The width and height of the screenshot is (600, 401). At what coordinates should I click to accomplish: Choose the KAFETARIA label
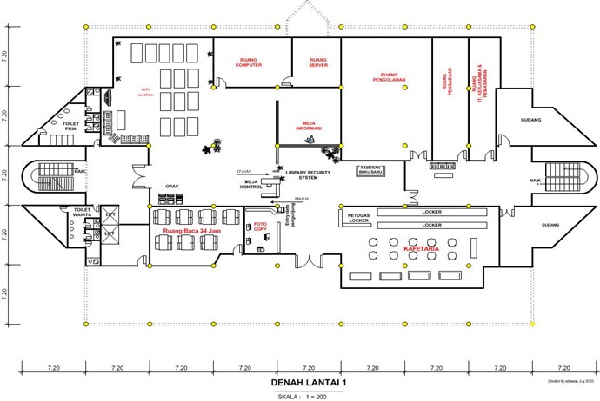click(x=420, y=249)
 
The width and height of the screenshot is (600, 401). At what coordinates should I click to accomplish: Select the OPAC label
click(x=171, y=187)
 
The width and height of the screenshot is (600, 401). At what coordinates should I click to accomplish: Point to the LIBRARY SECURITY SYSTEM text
click(x=310, y=174)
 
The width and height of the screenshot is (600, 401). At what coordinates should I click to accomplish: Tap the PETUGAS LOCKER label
click(x=359, y=217)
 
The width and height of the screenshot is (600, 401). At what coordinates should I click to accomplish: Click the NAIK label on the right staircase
click(x=535, y=181)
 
